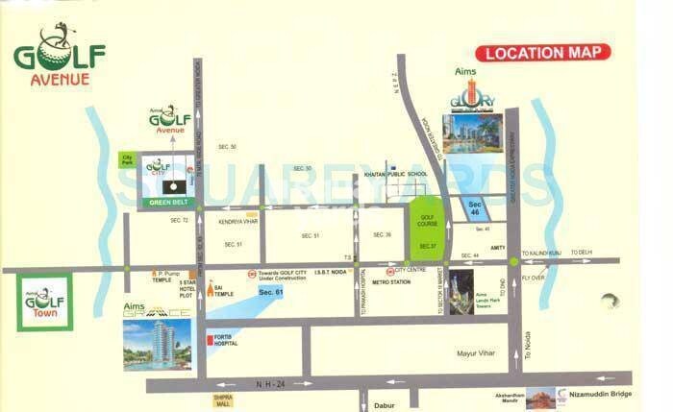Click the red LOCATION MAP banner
543,53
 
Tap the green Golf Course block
428,228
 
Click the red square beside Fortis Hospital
210,340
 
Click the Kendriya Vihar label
238,221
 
